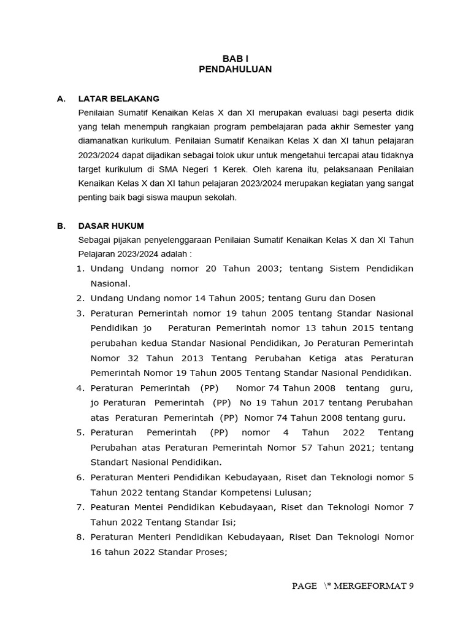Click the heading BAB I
coord(235,58)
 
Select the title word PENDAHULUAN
coord(235,70)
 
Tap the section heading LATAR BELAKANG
coord(119,98)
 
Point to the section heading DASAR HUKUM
coord(111,226)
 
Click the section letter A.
coord(61,98)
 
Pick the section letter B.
coord(61,226)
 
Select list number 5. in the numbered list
coord(80,432)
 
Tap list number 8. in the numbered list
coord(80,537)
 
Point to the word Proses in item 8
coord(210,551)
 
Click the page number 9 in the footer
coord(412,586)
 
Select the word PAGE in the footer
coord(304,586)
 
